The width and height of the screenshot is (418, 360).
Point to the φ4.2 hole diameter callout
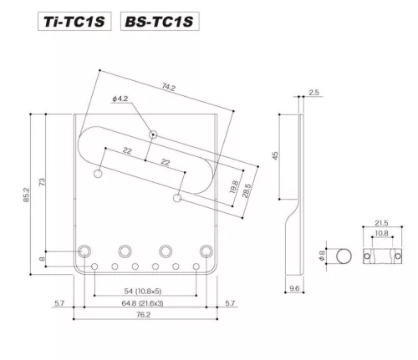tap(120, 100)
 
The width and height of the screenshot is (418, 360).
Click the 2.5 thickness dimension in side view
tap(313, 93)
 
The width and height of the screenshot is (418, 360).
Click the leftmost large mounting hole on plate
tap(85, 251)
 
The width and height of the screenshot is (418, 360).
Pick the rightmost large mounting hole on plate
tap(206, 251)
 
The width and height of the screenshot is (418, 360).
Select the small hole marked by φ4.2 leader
tap(153, 134)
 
